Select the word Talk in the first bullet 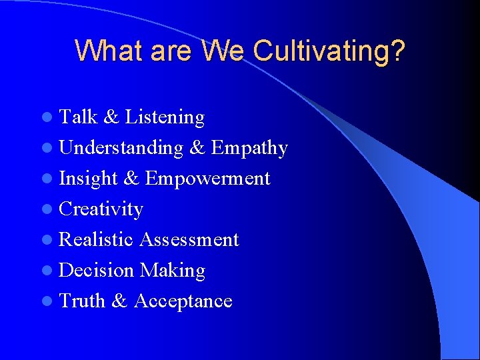point(78,117)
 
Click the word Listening point(165,118)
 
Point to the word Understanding point(121,148)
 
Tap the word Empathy point(249,148)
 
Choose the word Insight point(89,179)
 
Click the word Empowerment point(207,179)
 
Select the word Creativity point(101,209)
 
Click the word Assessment point(189,239)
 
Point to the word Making point(172,271)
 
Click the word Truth point(82,301)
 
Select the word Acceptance point(183,301)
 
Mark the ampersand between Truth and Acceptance point(119,301)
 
